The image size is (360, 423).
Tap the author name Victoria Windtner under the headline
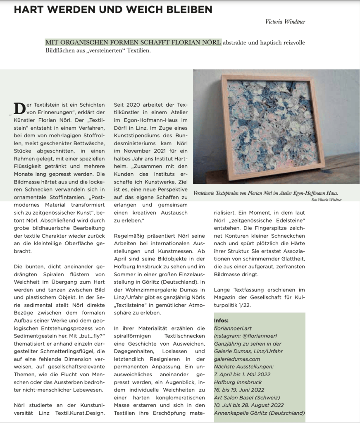point(285,22)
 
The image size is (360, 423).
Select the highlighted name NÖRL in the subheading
point(210,42)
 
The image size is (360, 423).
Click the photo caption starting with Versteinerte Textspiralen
point(266,193)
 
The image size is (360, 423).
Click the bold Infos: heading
point(221,320)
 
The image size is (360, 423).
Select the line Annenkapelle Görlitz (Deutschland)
point(259,413)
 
